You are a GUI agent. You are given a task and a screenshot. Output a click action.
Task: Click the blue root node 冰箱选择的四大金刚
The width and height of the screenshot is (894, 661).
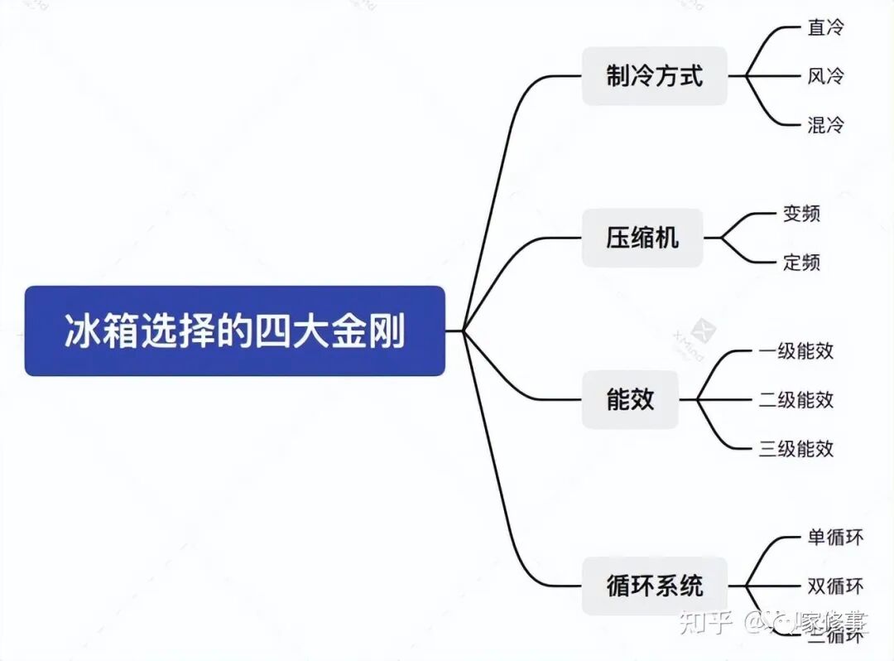tap(235, 330)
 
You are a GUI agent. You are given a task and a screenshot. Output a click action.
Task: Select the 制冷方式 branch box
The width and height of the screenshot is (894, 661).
tap(654, 76)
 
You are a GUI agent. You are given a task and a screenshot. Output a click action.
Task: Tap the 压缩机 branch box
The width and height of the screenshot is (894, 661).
tap(642, 239)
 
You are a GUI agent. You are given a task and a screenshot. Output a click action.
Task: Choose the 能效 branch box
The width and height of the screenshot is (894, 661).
tap(630, 399)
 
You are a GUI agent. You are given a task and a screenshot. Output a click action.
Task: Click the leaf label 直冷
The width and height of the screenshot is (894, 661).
tap(825, 27)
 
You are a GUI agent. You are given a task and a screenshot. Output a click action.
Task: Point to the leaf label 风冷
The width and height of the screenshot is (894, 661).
tap(825, 76)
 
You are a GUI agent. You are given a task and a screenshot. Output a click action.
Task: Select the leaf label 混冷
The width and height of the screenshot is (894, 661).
tap(825, 125)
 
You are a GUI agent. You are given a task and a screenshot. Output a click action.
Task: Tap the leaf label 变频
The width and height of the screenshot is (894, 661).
tap(801, 214)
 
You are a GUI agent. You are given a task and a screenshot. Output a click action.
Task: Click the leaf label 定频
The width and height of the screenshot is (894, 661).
tap(801, 263)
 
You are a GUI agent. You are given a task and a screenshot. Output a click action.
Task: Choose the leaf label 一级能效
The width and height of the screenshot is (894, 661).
tap(795, 350)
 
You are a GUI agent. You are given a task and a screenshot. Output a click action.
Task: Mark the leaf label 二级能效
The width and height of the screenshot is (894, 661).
tap(795, 399)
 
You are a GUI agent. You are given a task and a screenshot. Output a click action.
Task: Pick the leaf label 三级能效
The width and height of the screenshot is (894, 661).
tap(795, 448)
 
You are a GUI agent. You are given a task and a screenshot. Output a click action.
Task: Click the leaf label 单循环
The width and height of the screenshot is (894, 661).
tap(834, 537)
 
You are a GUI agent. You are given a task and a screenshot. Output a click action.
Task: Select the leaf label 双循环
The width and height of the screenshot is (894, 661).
tap(834, 586)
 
